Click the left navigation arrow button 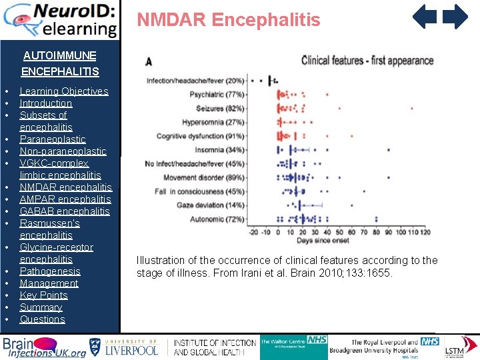point(425,17)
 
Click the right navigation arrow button point(456,17)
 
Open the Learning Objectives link point(63,91)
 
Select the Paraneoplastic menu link point(53,139)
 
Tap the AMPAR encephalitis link point(65,199)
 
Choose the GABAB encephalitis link point(65,211)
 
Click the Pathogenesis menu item point(50,271)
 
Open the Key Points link point(43,295)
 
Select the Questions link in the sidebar point(42,319)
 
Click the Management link point(49,283)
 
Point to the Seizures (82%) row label point(220,108)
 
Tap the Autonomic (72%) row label point(217,219)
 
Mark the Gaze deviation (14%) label point(210,205)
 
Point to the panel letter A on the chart point(148,62)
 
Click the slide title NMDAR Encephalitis point(229,20)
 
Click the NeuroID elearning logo point(60,20)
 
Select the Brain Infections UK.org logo point(44,347)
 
